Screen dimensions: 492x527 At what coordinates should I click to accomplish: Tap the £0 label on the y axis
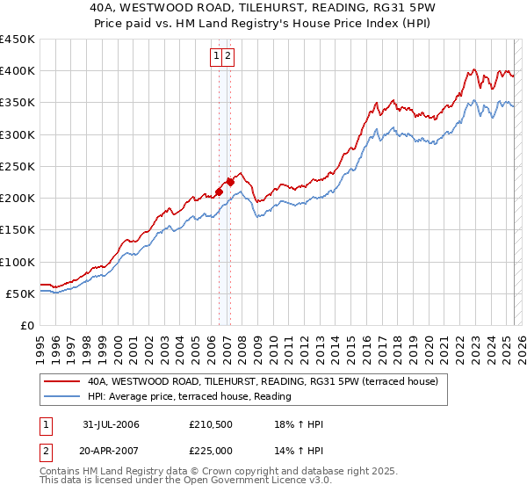click(27, 325)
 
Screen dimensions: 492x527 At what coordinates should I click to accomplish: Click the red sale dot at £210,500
click(219, 192)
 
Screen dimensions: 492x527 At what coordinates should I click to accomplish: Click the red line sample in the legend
click(61, 382)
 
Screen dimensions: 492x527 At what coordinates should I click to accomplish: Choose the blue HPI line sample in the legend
click(61, 397)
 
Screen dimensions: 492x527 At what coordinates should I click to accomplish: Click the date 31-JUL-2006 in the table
click(111, 424)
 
